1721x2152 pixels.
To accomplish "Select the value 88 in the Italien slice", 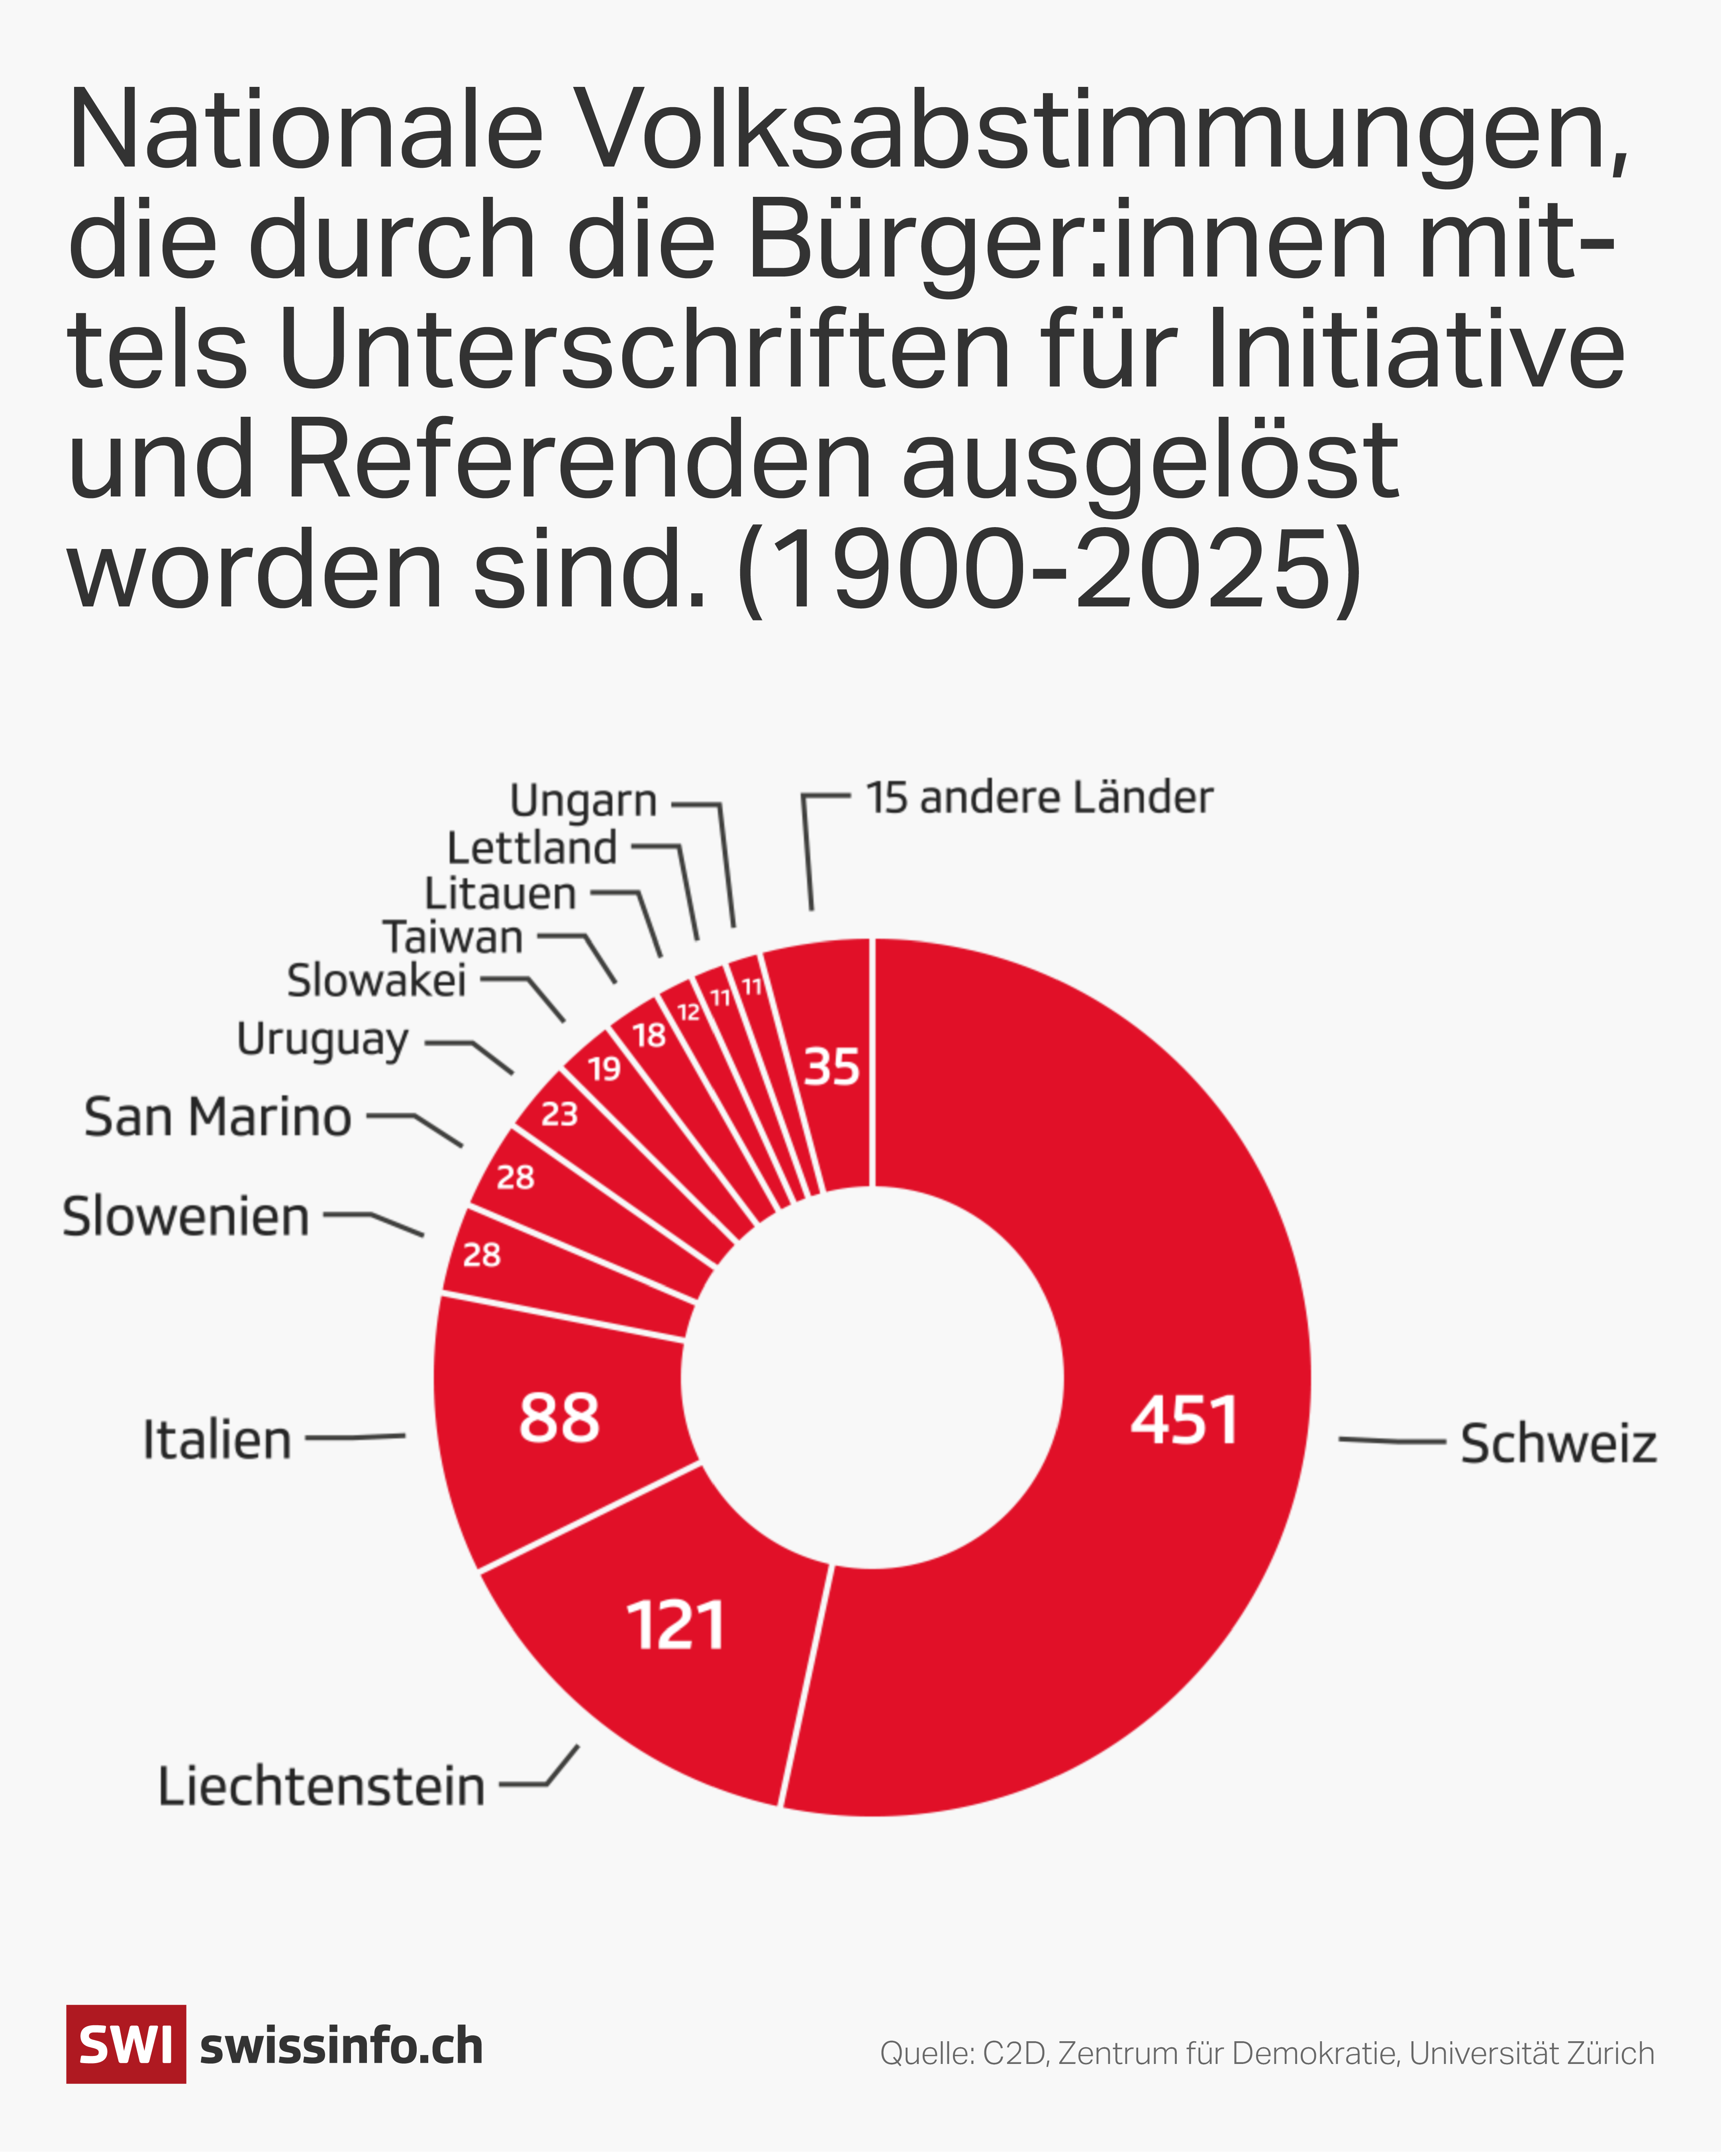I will coord(559,1417).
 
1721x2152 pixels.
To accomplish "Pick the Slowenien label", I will coord(186,1217).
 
